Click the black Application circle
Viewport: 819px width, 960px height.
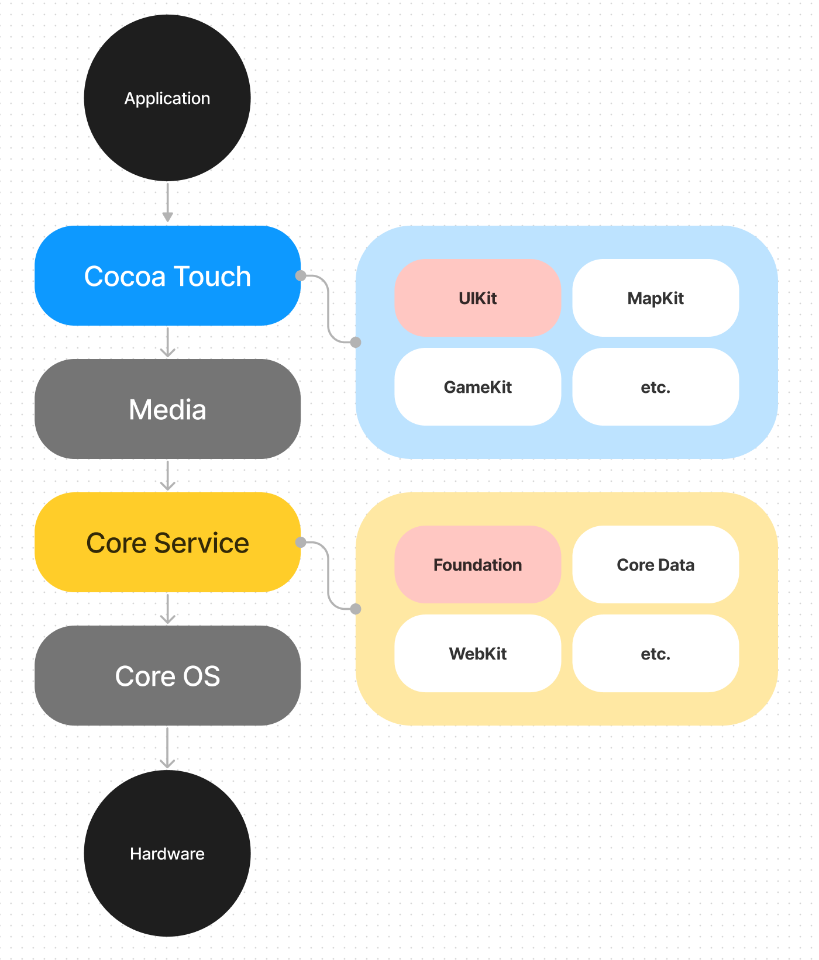167,98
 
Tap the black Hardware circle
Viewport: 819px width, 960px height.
167,853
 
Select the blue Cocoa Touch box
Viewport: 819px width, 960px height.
167,276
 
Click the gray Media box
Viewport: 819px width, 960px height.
167,409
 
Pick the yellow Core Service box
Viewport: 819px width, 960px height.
167,543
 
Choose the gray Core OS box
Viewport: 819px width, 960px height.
167,676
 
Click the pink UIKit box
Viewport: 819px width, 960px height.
477,298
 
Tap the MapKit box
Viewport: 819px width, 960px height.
655,298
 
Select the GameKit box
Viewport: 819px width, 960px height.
477,387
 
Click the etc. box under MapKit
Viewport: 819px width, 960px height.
655,387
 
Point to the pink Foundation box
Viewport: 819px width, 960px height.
477,565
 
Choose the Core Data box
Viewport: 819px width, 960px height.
655,565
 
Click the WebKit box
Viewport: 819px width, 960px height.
477,654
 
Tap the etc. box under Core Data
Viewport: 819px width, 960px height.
655,654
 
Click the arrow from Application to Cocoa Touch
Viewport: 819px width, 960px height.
167,202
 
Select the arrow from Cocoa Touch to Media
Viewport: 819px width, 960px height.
167,342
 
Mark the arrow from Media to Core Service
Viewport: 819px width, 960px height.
167,475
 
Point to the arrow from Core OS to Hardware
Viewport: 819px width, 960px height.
167,748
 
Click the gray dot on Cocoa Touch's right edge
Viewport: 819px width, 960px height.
301,275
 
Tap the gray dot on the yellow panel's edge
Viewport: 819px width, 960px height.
356,609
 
